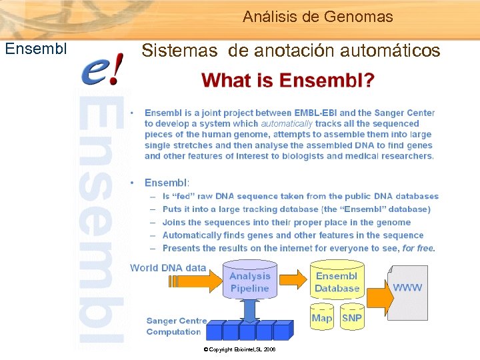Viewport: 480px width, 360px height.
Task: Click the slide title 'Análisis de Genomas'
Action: point(317,17)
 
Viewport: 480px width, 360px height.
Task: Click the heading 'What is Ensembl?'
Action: point(287,81)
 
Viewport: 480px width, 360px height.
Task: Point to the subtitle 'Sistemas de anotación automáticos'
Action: point(291,51)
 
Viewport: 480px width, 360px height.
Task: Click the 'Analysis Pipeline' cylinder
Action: point(250,283)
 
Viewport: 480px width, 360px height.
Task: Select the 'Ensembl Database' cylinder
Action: point(337,283)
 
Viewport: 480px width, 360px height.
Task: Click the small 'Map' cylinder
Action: point(322,318)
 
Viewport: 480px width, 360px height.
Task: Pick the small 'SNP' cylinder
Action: point(351,318)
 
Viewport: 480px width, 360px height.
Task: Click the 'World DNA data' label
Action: point(168,267)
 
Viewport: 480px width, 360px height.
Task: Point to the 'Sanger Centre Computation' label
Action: point(175,326)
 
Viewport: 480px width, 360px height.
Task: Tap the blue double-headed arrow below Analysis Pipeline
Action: point(250,310)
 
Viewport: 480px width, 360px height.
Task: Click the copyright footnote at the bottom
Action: point(239,349)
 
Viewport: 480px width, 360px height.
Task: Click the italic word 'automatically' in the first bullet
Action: point(287,123)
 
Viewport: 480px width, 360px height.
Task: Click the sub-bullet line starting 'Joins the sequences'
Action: point(287,222)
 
